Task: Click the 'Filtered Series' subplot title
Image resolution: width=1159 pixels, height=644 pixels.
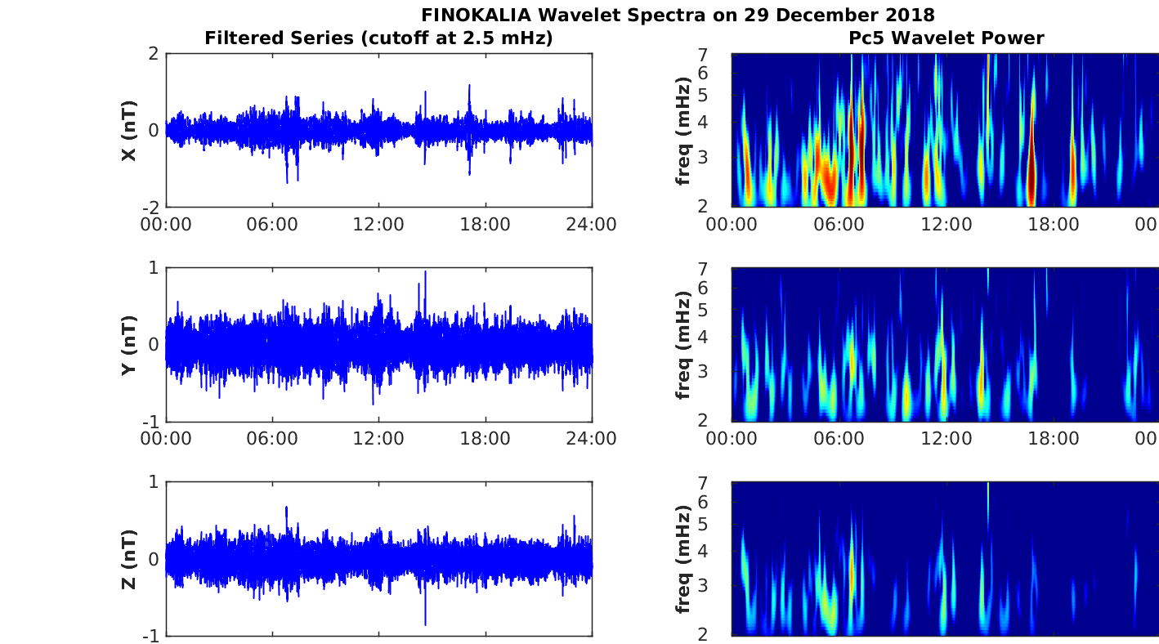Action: pyautogui.click(x=378, y=38)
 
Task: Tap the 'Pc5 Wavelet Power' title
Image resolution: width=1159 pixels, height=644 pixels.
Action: pyautogui.click(x=946, y=38)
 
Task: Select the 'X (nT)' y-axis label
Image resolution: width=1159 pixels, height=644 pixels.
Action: pyautogui.click(x=128, y=131)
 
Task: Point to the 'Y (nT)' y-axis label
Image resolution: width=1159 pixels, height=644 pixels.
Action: pyautogui.click(x=128, y=346)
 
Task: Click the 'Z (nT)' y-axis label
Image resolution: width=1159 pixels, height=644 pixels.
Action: pyautogui.click(x=128, y=560)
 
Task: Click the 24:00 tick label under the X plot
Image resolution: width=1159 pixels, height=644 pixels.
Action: pyautogui.click(x=591, y=224)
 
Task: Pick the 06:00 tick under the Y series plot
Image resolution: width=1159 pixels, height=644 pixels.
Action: pyautogui.click(x=272, y=438)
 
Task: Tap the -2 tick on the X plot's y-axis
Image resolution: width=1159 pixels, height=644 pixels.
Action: pyautogui.click(x=150, y=207)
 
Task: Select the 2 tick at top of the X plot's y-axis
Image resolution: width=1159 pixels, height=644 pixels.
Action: pyautogui.click(x=154, y=55)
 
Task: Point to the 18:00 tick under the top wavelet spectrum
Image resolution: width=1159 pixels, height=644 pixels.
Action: pyautogui.click(x=1054, y=224)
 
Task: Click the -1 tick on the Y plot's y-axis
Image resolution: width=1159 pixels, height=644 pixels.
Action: pyautogui.click(x=150, y=422)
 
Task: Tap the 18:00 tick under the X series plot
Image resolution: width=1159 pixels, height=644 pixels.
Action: pyautogui.click(x=486, y=224)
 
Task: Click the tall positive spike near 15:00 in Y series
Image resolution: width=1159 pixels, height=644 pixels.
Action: pyautogui.click(x=425, y=273)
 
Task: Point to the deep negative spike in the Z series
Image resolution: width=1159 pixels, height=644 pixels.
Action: pyautogui.click(x=425, y=624)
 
